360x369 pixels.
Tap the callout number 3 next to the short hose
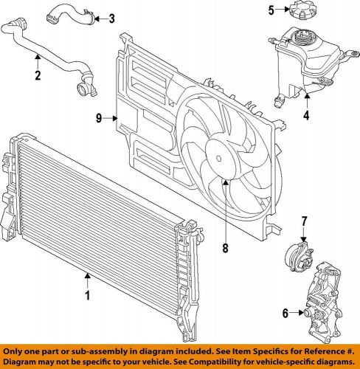(111, 18)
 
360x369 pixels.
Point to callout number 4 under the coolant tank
(306, 114)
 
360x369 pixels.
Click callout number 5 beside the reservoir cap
(271, 10)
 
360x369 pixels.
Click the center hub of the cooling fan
(219, 157)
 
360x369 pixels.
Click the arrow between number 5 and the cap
(284, 10)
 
